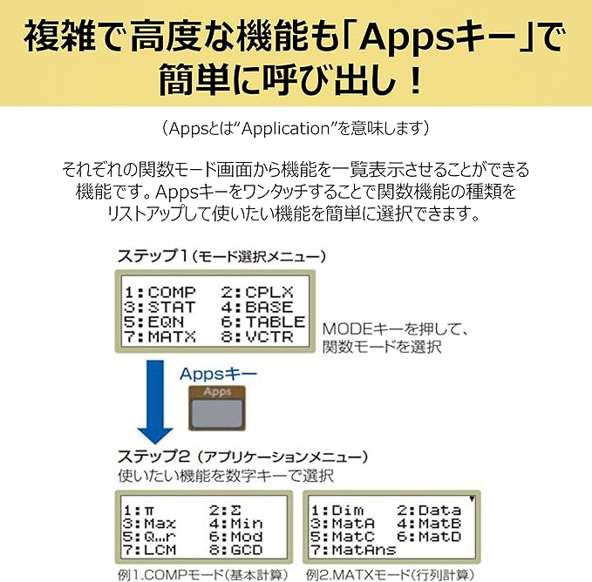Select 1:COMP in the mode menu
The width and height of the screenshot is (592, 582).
(160, 293)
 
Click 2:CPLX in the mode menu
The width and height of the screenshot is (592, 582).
(257, 293)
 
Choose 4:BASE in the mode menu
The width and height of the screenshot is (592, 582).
(257, 308)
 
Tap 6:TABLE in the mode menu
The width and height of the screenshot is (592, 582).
(263, 321)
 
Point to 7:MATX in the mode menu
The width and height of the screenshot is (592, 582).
(160, 336)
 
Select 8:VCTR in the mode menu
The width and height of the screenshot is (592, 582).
(257, 336)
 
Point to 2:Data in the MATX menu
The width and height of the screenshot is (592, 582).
(427, 510)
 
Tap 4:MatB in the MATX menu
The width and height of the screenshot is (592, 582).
(427, 524)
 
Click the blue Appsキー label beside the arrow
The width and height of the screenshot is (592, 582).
(218, 374)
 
